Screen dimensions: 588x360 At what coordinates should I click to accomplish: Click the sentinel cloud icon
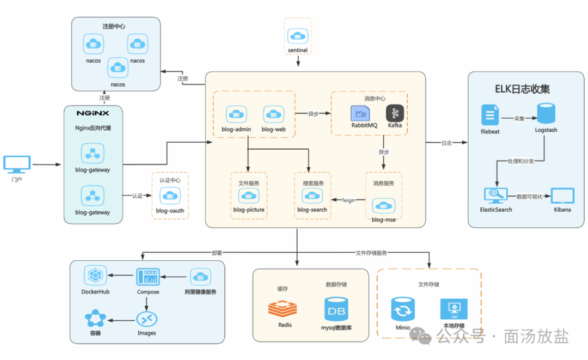(x=298, y=36)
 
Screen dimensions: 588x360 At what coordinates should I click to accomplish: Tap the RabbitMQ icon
(x=360, y=113)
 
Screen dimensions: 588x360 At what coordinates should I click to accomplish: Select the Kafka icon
(x=395, y=113)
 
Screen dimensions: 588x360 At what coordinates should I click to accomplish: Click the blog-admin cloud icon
(x=236, y=114)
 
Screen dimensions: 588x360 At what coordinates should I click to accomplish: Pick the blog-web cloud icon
(x=274, y=114)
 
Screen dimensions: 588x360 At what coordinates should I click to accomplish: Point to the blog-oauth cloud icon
(x=170, y=196)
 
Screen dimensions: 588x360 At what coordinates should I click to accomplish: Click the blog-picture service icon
(x=249, y=196)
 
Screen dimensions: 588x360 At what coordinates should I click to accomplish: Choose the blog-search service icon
(x=312, y=196)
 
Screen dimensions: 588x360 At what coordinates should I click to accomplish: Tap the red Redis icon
(x=283, y=309)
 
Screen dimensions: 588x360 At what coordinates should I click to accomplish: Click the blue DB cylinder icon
(x=336, y=309)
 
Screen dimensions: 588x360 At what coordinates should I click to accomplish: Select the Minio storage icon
(x=403, y=309)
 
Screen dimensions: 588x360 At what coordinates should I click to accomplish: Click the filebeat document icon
(x=490, y=115)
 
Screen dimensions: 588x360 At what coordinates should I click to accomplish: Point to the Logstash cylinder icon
(x=546, y=113)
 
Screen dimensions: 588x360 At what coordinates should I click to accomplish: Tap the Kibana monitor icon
(x=562, y=196)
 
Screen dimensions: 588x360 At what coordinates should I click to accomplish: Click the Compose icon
(x=148, y=277)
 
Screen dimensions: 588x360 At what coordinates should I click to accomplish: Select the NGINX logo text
(x=93, y=113)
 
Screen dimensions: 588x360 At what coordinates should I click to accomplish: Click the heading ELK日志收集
(x=522, y=89)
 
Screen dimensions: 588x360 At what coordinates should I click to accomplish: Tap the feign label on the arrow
(x=348, y=200)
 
